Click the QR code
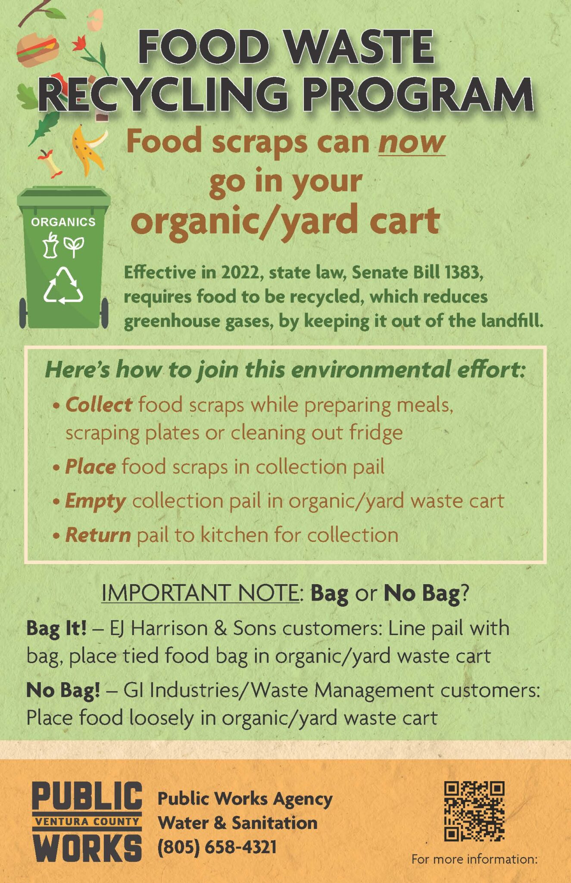474,811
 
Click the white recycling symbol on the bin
63,285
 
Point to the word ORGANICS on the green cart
63,222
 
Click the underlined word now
412,142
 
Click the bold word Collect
99,405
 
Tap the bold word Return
98,535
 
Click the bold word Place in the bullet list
90,467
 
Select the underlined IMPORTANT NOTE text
200,593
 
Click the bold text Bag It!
56,629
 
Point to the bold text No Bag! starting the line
63,690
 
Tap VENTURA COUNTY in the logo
87,821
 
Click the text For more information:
474,859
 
